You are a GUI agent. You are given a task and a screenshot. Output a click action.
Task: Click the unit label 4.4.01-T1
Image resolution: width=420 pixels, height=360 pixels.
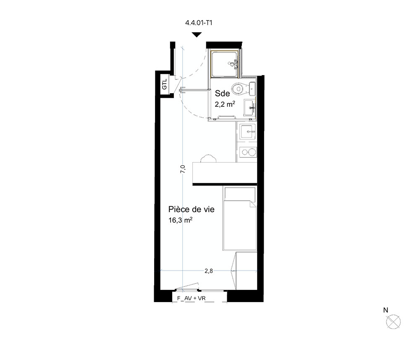pos(199,23)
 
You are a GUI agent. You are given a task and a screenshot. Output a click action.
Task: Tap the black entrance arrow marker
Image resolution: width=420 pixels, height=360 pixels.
pos(197,35)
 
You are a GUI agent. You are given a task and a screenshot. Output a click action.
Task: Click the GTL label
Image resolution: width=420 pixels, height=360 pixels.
pos(165,84)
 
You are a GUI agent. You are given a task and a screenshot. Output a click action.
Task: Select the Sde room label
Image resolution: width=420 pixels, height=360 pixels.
pos(222,93)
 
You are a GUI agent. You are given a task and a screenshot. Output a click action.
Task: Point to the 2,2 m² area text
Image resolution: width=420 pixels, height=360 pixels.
pos(225,104)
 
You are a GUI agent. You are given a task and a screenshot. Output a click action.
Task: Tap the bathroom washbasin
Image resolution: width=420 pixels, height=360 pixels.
pos(249,108)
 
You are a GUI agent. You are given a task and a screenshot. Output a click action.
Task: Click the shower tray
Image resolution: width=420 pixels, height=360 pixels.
pos(224,64)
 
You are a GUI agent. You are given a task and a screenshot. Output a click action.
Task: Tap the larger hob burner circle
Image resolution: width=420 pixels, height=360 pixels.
pos(252,152)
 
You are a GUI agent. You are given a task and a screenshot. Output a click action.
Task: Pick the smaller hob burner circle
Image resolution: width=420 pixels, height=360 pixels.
pos(244,152)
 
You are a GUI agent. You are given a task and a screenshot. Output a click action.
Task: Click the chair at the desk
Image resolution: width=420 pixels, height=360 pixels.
pos(208,158)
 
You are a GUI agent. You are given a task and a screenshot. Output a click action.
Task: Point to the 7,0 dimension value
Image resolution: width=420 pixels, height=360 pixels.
pos(183,169)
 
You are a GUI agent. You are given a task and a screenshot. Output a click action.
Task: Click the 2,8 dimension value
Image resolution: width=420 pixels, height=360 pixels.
pos(209,271)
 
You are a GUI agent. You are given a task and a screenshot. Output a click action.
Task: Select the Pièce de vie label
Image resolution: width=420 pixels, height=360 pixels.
pos(191,209)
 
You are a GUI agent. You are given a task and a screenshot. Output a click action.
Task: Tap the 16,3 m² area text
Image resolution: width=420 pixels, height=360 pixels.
pos(181,220)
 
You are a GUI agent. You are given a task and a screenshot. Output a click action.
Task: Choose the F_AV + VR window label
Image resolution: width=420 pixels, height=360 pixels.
pos(191,298)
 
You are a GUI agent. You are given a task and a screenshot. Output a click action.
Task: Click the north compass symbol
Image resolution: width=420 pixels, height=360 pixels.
pos(393,322)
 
